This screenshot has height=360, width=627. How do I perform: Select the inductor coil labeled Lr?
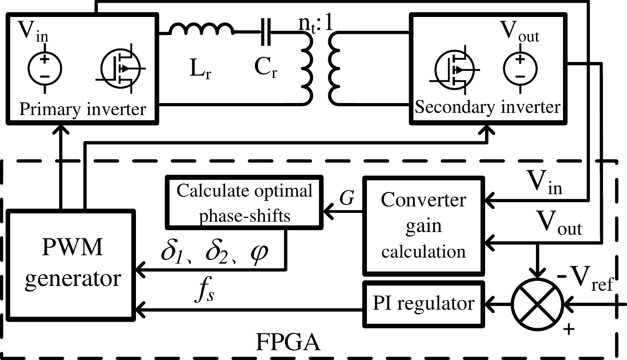coord(202,29)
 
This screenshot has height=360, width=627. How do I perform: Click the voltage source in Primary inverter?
coord(43,69)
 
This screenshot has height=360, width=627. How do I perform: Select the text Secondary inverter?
coord(486,107)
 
